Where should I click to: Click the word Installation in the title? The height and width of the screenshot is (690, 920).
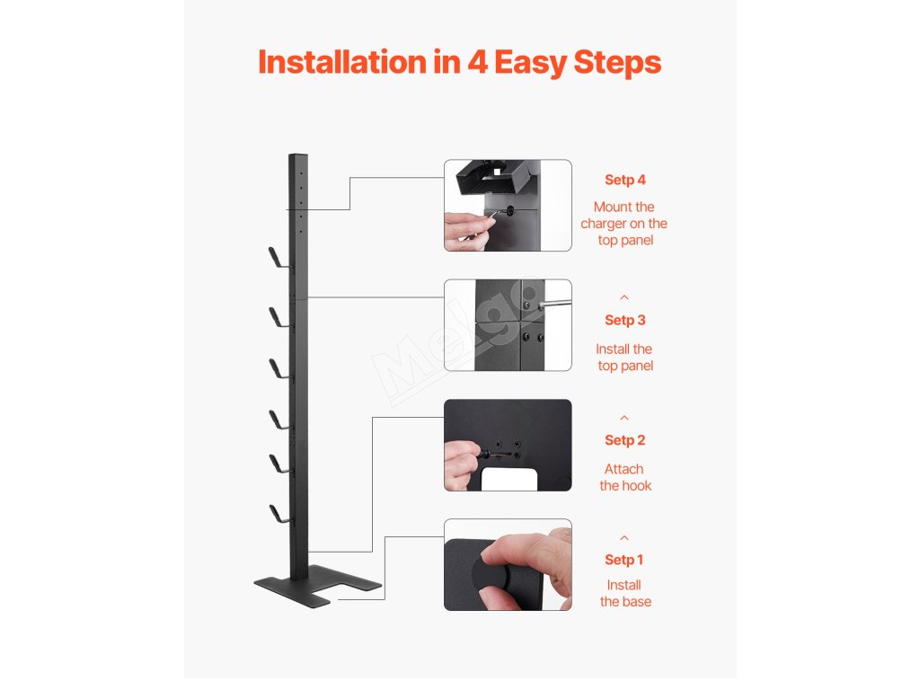pos(342,62)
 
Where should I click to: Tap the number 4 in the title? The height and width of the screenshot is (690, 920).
pos(478,62)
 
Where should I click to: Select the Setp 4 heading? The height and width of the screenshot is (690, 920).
pos(625,180)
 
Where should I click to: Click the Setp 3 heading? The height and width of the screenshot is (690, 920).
pos(625,321)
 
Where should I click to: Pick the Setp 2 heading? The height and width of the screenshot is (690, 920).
pos(625,440)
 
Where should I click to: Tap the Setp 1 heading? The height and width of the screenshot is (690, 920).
pos(624,561)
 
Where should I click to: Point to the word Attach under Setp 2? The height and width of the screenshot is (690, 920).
pos(624,469)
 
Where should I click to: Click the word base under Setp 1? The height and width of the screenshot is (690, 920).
pos(637,602)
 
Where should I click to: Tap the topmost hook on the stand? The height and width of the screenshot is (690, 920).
pos(279,259)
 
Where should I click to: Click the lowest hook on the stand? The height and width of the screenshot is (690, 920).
pos(279,514)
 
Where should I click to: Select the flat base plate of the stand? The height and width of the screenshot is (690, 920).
pos(317,586)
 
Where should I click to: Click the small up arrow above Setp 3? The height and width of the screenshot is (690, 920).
pos(624,297)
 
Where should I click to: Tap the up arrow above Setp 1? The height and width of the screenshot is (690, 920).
pos(624,538)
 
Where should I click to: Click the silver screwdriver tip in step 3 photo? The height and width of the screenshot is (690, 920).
pos(554,304)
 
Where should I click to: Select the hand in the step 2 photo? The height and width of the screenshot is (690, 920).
pos(463,465)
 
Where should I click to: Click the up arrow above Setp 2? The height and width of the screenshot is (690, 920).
pos(624,418)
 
